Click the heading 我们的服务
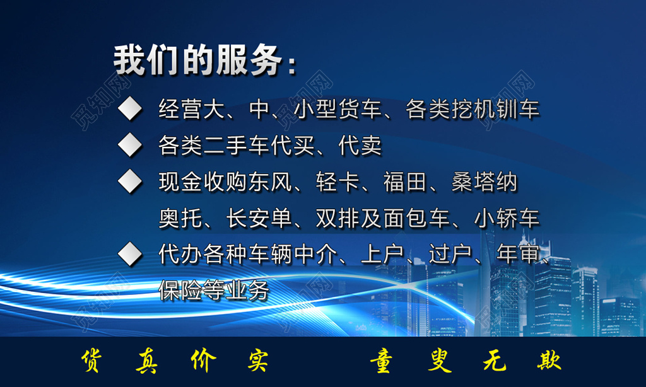pyautogui.click(x=197, y=61)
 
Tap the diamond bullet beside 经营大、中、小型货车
pyautogui.click(x=131, y=109)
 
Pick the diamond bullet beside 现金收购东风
pyautogui.click(x=131, y=182)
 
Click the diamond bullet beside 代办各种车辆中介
pyautogui.click(x=131, y=255)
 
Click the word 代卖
pyautogui.click(x=360, y=146)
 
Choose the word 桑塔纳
pyautogui.click(x=484, y=183)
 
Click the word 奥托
pyautogui.click(x=181, y=219)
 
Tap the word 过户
pyautogui.click(x=450, y=255)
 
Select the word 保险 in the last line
pyautogui.click(x=181, y=291)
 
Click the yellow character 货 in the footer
pyautogui.click(x=93, y=361)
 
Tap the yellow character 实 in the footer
pyautogui.click(x=256, y=361)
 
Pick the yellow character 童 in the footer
pyautogui.click(x=382, y=362)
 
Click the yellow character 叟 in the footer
pyautogui.click(x=437, y=362)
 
